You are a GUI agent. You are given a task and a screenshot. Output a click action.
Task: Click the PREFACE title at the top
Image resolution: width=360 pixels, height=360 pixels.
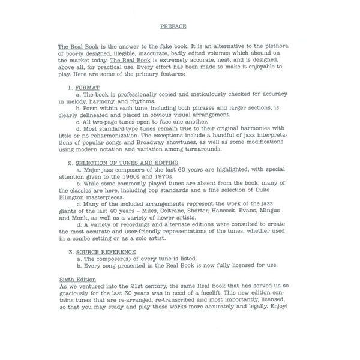(x=173, y=26)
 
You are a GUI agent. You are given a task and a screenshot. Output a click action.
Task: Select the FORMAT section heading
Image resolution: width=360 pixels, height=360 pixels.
(x=88, y=88)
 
